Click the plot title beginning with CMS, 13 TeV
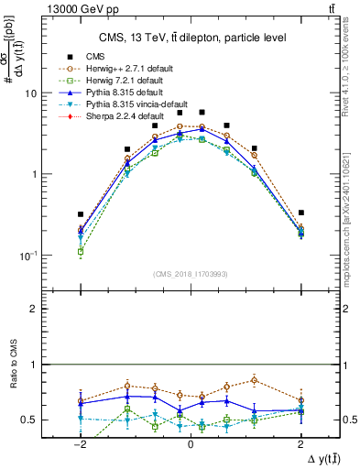(190, 37)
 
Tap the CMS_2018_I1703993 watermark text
(191, 274)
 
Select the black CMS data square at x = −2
(81, 214)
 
